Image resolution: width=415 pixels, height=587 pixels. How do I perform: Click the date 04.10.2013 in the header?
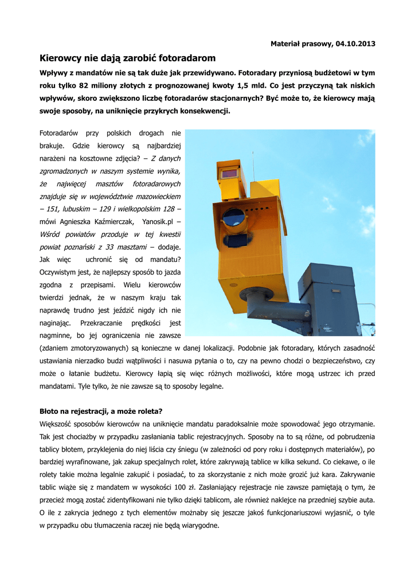click(355, 44)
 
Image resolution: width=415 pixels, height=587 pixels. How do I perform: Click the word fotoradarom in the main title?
click(186, 58)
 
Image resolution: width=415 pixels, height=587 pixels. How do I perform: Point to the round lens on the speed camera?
click(233, 217)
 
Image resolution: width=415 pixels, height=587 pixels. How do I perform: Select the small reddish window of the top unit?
click(229, 173)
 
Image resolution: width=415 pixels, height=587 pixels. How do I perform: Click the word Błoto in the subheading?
click(50, 411)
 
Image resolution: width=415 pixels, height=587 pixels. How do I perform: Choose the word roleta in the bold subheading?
click(151, 411)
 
